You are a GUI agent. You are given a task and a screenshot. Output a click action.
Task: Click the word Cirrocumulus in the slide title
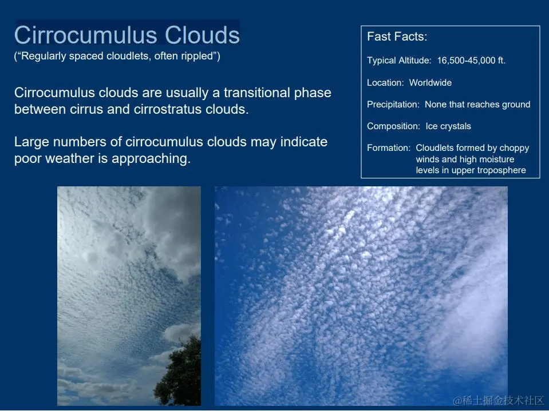(86, 35)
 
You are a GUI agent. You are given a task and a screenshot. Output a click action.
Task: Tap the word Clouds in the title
(202, 35)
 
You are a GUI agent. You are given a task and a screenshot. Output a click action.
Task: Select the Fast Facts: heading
(397, 37)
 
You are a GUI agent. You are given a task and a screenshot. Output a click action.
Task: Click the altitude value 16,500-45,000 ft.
(471, 60)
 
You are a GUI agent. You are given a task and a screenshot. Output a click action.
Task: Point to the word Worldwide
(430, 82)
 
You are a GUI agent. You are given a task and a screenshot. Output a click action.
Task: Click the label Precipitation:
(393, 105)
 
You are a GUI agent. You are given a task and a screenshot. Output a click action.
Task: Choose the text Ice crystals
(448, 126)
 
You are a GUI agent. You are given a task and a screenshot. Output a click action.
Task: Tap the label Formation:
(389, 148)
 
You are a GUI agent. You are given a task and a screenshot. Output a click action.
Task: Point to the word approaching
(151, 159)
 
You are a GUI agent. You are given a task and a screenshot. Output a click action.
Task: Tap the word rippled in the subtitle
(199, 56)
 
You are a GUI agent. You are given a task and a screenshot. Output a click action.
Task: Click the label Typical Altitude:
(399, 61)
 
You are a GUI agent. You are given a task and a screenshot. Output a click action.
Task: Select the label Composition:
(393, 126)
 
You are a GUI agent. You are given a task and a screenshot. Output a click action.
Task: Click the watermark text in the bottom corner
(498, 401)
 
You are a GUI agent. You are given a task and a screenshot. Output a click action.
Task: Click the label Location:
(385, 82)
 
